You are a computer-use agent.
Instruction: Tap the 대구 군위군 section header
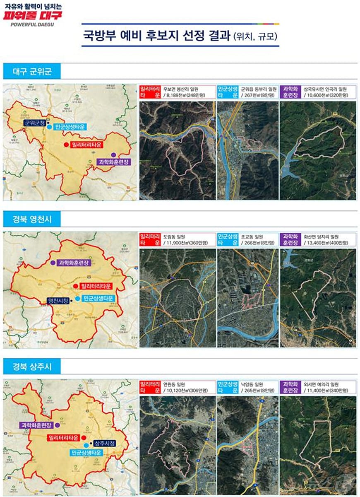pos(32,72)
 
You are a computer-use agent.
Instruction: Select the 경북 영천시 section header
pos(32,218)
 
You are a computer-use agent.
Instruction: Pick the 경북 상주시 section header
pos(32,366)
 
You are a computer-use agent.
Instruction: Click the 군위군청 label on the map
pos(34,123)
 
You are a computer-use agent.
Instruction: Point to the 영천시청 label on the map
pos(58,300)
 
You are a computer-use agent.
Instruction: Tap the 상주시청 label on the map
pos(105,443)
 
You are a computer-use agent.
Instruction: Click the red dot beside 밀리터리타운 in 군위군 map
pos(66,145)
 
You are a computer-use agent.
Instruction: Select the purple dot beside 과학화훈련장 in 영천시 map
pos(53,263)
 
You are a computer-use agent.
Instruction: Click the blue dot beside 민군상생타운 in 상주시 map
pos(86,445)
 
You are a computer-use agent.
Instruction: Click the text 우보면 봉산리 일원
pos(181,89)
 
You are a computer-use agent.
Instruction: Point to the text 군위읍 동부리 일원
pos(259,89)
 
